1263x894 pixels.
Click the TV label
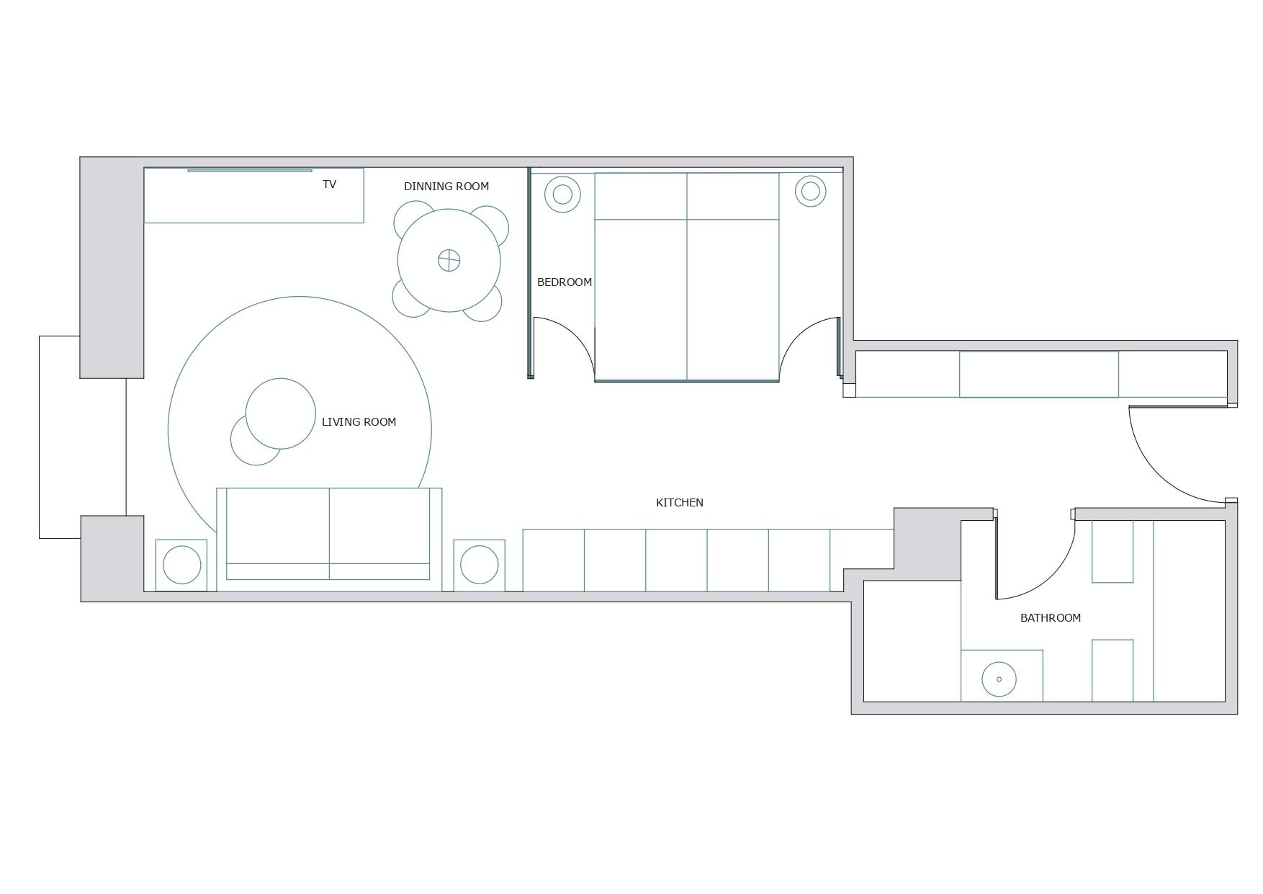[x=329, y=184]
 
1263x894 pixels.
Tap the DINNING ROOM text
[x=446, y=187]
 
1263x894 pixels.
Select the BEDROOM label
[x=565, y=282]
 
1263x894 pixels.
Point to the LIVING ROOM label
[x=359, y=422]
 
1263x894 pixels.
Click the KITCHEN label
[x=680, y=503]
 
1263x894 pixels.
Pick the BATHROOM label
[x=1051, y=618]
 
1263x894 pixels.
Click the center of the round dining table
[x=449, y=260]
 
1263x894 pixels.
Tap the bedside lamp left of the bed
[x=562, y=194]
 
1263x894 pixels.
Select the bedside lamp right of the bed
[x=810, y=191]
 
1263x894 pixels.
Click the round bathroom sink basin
[x=999, y=679]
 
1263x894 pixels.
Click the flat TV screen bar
[x=249, y=171]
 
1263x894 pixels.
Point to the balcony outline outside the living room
[x=40, y=437]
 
